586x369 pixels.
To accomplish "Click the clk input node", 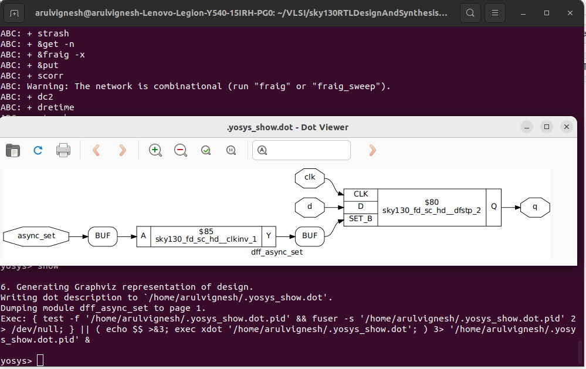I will pos(310,177).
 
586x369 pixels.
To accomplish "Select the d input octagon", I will pos(310,206).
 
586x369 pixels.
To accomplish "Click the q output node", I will pos(535,207).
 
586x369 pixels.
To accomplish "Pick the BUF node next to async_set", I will pos(103,236).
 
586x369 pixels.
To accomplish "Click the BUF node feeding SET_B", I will pos(310,236).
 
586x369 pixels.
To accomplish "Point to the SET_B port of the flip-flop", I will pos(361,219).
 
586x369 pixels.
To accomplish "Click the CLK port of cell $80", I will pos(361,194).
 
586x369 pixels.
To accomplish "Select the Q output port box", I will pos(494,207).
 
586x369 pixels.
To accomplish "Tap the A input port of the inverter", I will pos(143,236).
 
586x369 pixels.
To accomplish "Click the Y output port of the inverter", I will pos(269,236).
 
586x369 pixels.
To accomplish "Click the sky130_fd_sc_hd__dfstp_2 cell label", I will pos(432,210).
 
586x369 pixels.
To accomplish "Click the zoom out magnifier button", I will pos(181,150).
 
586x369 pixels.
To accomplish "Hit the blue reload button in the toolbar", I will pos(38,150).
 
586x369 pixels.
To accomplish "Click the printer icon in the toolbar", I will pos(63,150).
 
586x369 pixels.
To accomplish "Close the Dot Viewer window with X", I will pos(566,127).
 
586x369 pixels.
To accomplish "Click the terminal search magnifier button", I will pos(469,12).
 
